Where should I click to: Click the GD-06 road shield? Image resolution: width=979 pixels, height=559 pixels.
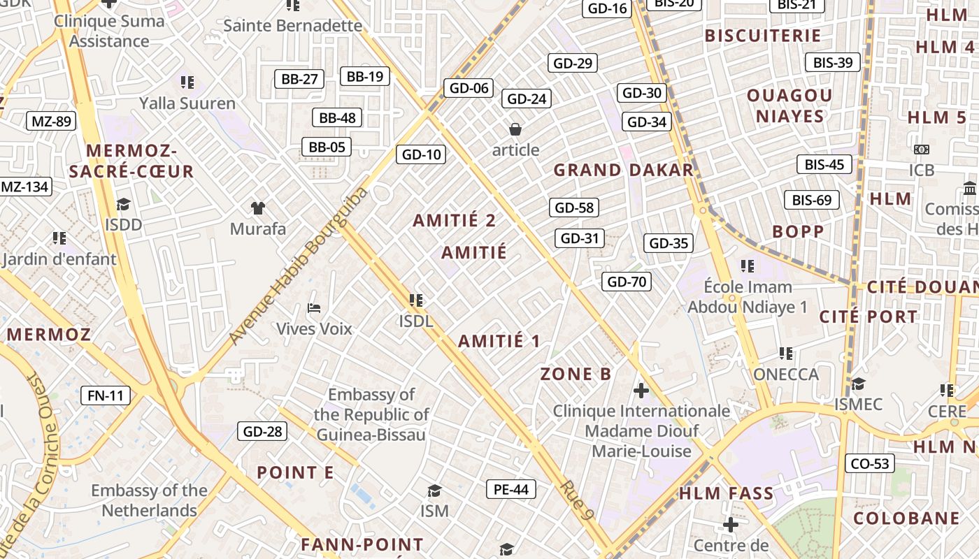click(x=469, y=88)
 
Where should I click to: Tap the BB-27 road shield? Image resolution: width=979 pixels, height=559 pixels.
click(x=299, y=79)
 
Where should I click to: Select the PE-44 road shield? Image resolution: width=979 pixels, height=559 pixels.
click(x=511, y=489)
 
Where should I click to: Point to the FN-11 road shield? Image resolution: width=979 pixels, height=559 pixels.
click(x=106, y=395)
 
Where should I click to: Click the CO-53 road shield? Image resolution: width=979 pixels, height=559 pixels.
click(x=870, y=463)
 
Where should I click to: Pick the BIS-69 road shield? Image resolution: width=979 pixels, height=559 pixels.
click(x=812, y=200)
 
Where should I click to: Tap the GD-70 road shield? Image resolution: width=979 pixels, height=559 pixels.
click(x=627, y=282)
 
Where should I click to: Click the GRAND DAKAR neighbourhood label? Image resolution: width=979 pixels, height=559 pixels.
click(x=623, y=170)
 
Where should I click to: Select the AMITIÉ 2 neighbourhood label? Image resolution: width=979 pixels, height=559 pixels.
click(x=455, y=221)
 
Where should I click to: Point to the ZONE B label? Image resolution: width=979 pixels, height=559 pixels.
click(x=576, y=374)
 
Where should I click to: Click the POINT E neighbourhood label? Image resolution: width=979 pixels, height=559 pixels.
click(x=295, y=472)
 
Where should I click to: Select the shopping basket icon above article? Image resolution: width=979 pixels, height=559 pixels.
click(x=515, y=129)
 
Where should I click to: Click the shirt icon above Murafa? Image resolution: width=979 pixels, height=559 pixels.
click(x=258, y=208)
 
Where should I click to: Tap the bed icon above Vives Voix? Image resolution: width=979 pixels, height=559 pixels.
click(x=314, y=307)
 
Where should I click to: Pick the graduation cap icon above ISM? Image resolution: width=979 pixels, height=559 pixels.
click(x=434, y=491)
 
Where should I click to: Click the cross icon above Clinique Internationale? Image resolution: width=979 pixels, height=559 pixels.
click(x=641, y=390)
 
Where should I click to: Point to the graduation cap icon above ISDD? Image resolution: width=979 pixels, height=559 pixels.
click(x=123, y=204)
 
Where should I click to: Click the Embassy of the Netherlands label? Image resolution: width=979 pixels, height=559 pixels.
click(x=149, y=500)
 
